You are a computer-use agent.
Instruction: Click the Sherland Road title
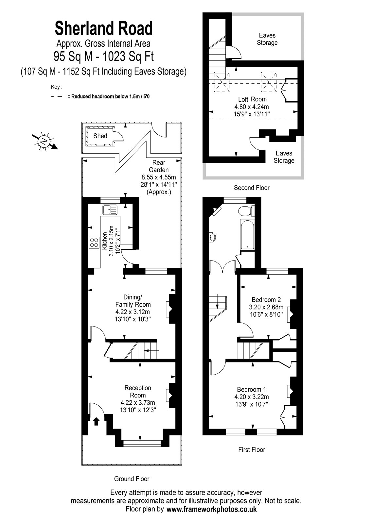(x=104, y=28)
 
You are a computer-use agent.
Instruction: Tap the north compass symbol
(x=44, y=141)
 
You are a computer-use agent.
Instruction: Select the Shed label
(x=100, y=136)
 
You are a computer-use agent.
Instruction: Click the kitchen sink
(x=110, y=210)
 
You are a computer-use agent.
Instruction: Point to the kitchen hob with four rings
(x=94, y=243)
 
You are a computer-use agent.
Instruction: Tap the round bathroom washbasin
(x=213, y=237)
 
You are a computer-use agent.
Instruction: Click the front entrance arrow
(x=96, y=422)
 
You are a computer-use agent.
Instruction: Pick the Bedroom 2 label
(x=266, y=299)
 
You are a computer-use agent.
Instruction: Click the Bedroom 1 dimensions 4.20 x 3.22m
(x=252, y=397)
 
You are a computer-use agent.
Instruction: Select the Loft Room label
(x=252, y=99)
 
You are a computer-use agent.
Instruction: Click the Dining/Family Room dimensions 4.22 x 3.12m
(x=132, y=312)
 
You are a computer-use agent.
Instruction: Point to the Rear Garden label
(x=159, y=166)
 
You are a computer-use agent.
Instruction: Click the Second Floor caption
(x=252, y=188)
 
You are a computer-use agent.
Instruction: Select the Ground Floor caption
(x=132, y=479)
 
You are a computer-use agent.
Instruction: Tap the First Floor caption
(x=252, y=450)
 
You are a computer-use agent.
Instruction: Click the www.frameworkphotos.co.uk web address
(x=212, y=509)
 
